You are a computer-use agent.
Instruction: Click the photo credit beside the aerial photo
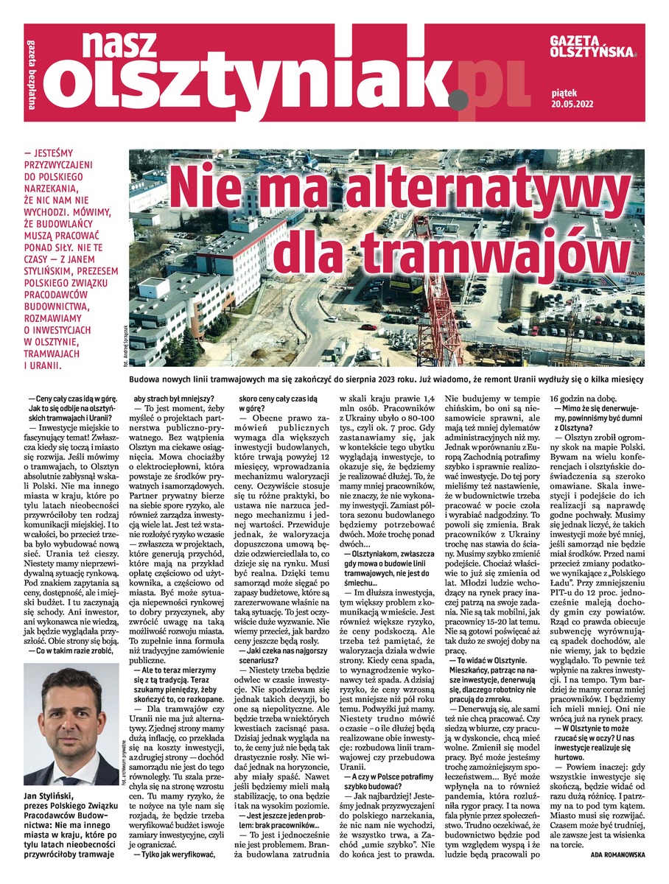pos(137,343)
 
